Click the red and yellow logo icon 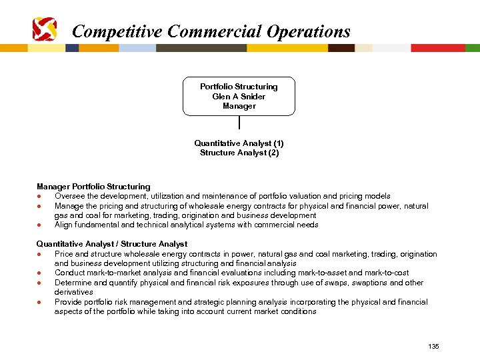pyautogui.click(x=45, y=29)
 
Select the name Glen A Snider pyautogui.click(x=239, y=97)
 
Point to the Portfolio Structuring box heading pyautogui.click(x=239, y=87)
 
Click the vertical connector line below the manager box pyautogui.click(x=239, y=122)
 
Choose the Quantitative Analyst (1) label pyautogui.click(x=239, y=143)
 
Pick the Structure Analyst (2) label pyautogui.click(x=239, y=153)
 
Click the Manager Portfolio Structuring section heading pyautogui.click(x=93, y=187)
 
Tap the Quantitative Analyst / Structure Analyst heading pyautogui.click(x=112, y=244)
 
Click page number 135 pyautogui.click(x=434, y=346)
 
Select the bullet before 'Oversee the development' pyautogui.click(x=41, y=197)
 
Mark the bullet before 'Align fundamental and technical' pyautogui.click(x=41, y=225)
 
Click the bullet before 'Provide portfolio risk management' pyautogui.click(x=41, y=302)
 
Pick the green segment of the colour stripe pyautogui.click(x=473, y=48)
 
